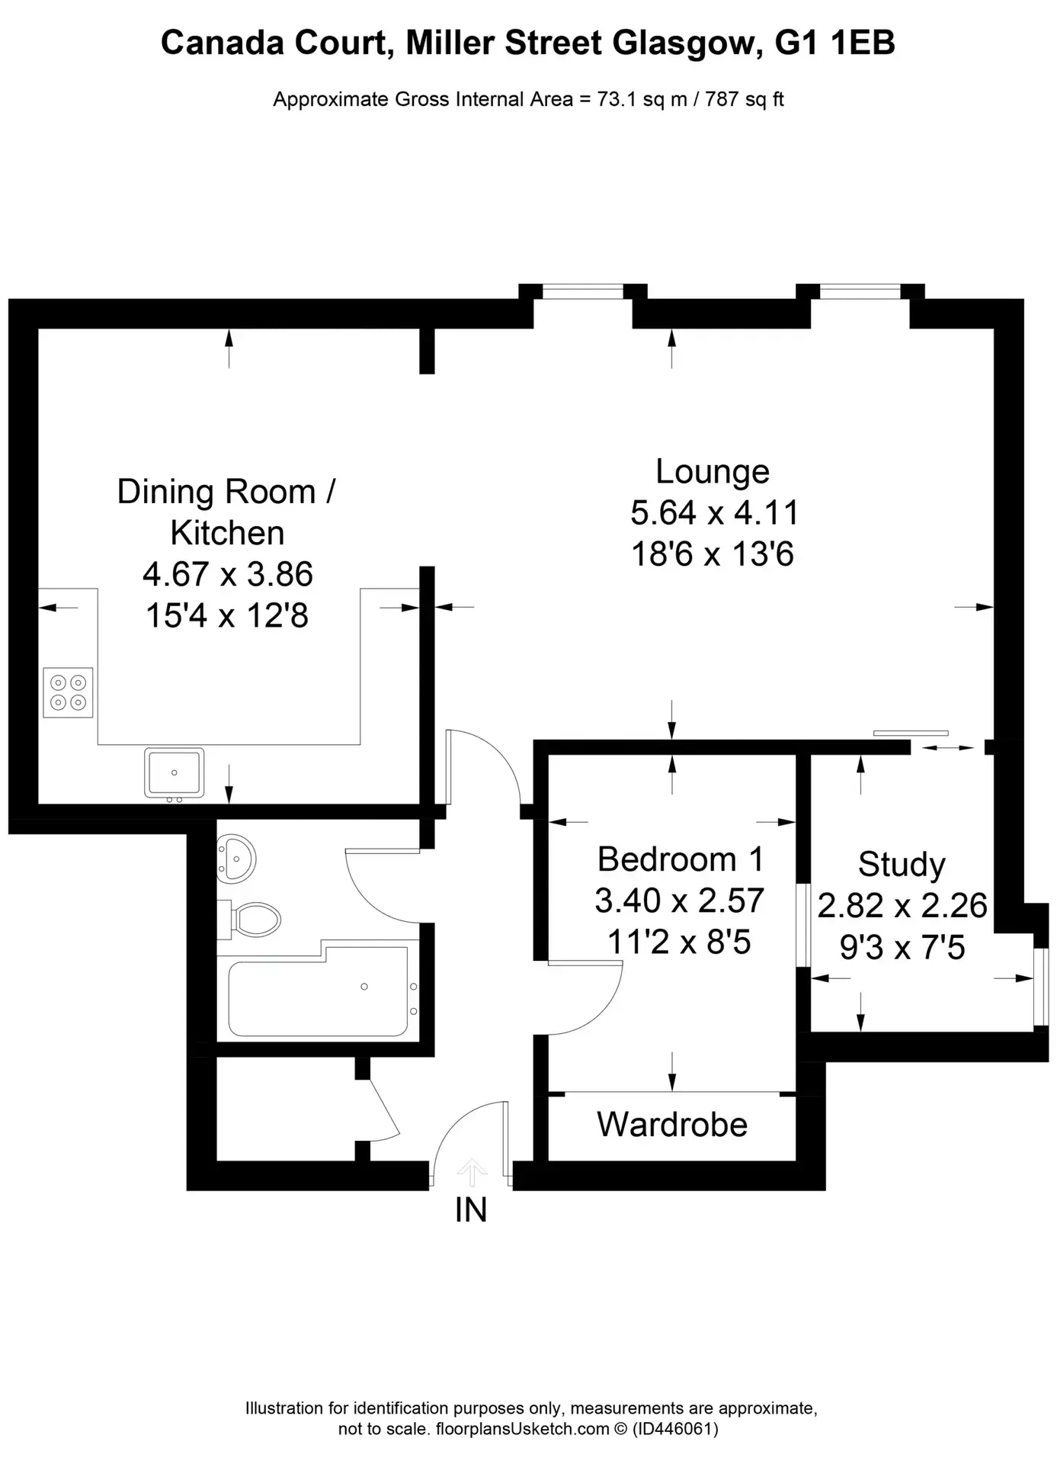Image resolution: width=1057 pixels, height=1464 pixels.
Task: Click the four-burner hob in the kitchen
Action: click(x=68, y=692)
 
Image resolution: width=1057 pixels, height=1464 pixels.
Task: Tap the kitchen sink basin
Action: click(x=175, y=772)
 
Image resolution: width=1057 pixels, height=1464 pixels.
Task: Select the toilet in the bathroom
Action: click(x=248, y=920)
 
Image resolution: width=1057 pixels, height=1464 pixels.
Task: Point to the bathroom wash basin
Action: click(x=236, y=859)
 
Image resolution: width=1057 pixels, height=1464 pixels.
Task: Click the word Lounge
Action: click(x=713, y=472)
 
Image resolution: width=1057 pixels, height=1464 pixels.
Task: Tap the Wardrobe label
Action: click(x=672, y=1125)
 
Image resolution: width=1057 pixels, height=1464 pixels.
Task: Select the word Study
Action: click(x=902, y=865)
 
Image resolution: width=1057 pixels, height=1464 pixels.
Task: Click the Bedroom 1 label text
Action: click(x=680, y=859)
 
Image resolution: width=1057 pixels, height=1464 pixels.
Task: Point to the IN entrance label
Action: click(x=471, y=1210)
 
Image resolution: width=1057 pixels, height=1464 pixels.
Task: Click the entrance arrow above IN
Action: click(x=472, y=1172)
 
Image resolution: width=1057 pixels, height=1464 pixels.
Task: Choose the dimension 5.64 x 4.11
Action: click(x=714, y=513)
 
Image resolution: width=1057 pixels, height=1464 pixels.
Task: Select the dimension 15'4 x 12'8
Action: click(x=227, y=615)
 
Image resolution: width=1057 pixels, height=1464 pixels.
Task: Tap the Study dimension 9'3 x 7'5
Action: click(x=902, y=948)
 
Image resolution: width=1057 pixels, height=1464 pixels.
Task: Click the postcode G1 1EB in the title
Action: click(x=834, y=43)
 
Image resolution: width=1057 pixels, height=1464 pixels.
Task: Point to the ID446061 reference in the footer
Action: click(x=675, y=1429)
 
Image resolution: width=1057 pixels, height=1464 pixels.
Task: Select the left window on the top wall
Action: click(x=583, y=291)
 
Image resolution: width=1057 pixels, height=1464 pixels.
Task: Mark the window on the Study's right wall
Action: click(x=1041, y=987)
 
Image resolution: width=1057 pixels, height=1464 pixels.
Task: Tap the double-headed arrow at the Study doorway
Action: click(x=948, y=748)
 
